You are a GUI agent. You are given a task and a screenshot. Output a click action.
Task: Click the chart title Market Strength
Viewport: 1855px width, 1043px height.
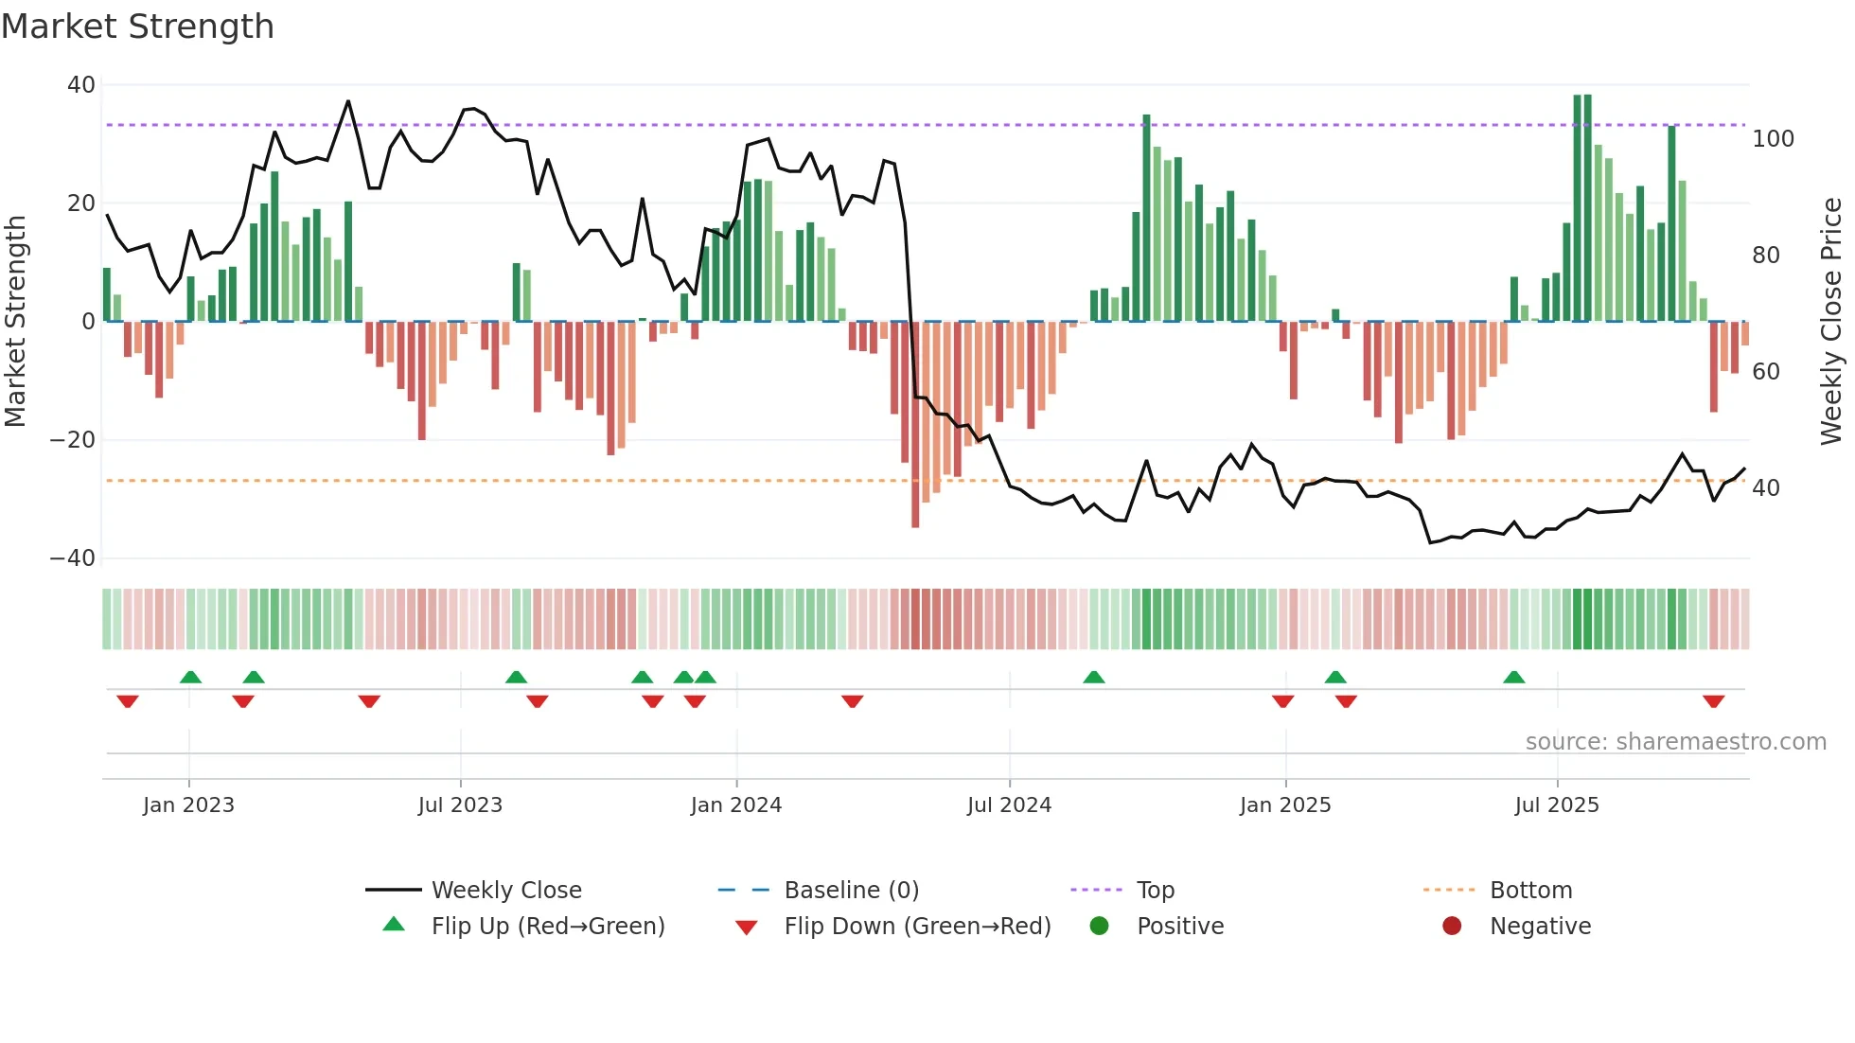[137, 27]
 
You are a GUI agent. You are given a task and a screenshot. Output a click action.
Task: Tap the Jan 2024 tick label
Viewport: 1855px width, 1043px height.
[736, 805]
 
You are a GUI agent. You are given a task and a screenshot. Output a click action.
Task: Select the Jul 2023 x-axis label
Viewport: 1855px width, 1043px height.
[460, 805]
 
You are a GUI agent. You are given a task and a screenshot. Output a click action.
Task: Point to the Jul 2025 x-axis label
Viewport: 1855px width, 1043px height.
[1557, 805]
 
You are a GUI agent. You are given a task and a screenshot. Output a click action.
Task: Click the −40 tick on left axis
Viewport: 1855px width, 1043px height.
[73, 558]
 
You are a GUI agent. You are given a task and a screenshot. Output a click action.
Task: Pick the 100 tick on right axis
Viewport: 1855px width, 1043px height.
[1773, 139]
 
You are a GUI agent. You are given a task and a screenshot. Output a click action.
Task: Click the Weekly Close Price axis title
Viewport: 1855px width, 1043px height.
[1832, 322]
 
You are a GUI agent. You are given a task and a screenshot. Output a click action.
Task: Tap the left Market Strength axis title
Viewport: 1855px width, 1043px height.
[16, 322]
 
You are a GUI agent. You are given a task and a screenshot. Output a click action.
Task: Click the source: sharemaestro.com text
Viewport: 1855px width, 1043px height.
[1675, 742]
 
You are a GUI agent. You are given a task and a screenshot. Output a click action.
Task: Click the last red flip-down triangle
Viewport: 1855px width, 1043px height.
[1713, 701]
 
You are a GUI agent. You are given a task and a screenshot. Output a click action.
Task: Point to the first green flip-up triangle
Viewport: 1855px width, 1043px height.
[190, 677]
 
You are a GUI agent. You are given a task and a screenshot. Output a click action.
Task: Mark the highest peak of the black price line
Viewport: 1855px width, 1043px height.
[348, 101]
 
